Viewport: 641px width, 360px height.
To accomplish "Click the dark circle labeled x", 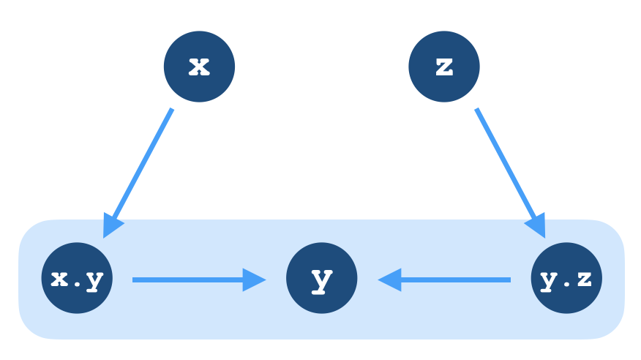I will pyautogui.click(x=199, y=67).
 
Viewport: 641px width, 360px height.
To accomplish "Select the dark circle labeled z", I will pyautogui.click(x=444, y=67).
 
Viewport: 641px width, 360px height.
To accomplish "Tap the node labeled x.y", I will pyautogui.click(x=77, y=279).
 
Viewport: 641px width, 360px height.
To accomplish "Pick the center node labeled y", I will pyautogui.click(x=322, y=279).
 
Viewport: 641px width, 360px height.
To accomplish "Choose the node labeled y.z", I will pyautogui.click(x=566, y=279).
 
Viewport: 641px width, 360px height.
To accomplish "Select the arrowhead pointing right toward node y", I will pyautogui.click(x=254, y=280).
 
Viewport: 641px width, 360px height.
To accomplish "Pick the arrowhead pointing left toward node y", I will pyautogui.click(x=390, y=280).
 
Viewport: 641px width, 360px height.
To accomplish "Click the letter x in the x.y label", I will pyautogui.click(x=59, y=279).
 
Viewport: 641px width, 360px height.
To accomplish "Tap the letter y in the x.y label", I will pyautogui.click(x=94, y=281).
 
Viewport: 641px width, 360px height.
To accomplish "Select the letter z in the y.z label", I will pyautogui.click(x=584, y=279).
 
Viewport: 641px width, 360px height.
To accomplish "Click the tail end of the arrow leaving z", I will pyautogui.click(x=477, y=110).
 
